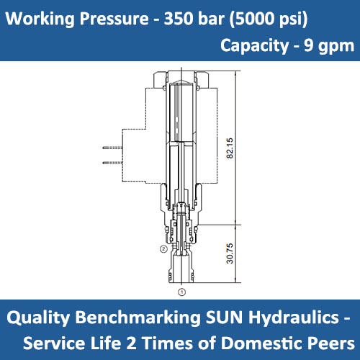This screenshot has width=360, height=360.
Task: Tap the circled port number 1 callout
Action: click(x=181, y=292)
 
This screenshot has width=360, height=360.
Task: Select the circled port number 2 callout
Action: click(x=163, y=248)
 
